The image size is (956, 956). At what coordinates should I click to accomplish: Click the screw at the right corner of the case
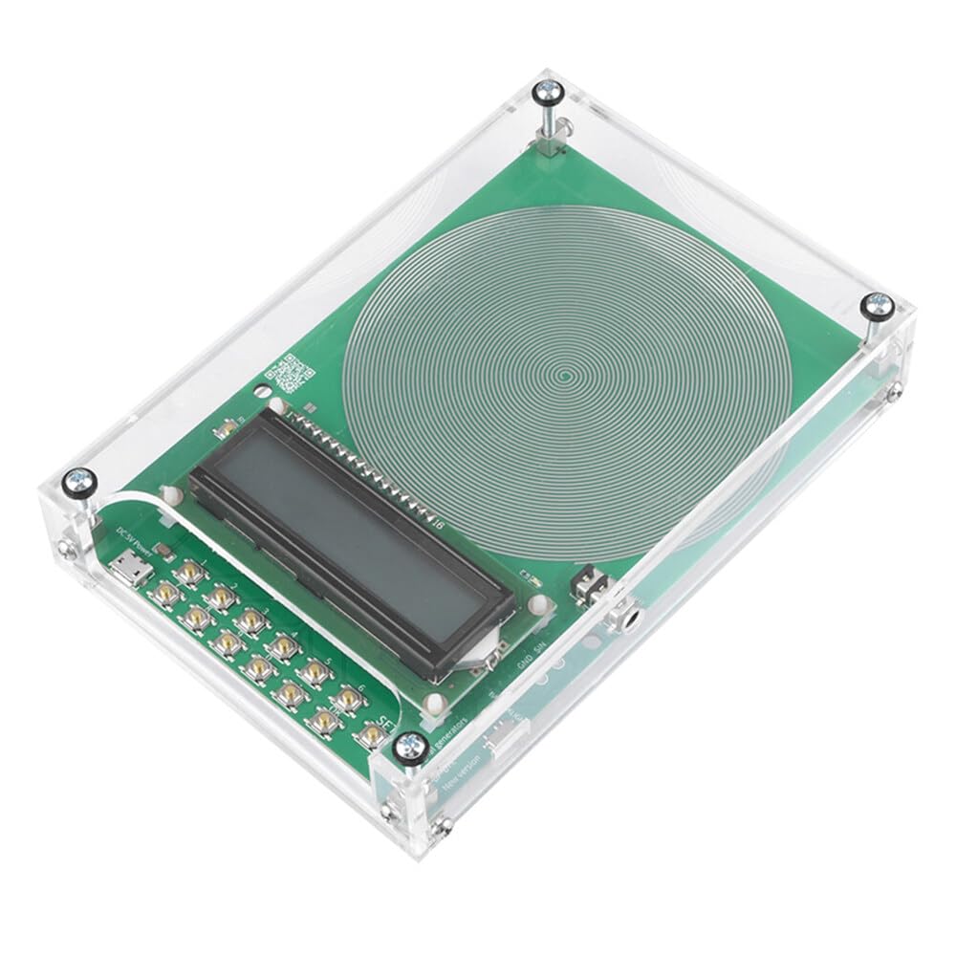877,306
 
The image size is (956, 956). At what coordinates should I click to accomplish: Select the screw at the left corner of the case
78,484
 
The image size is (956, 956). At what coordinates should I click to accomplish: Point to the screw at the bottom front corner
411,746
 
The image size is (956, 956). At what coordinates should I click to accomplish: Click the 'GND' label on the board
524,662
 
